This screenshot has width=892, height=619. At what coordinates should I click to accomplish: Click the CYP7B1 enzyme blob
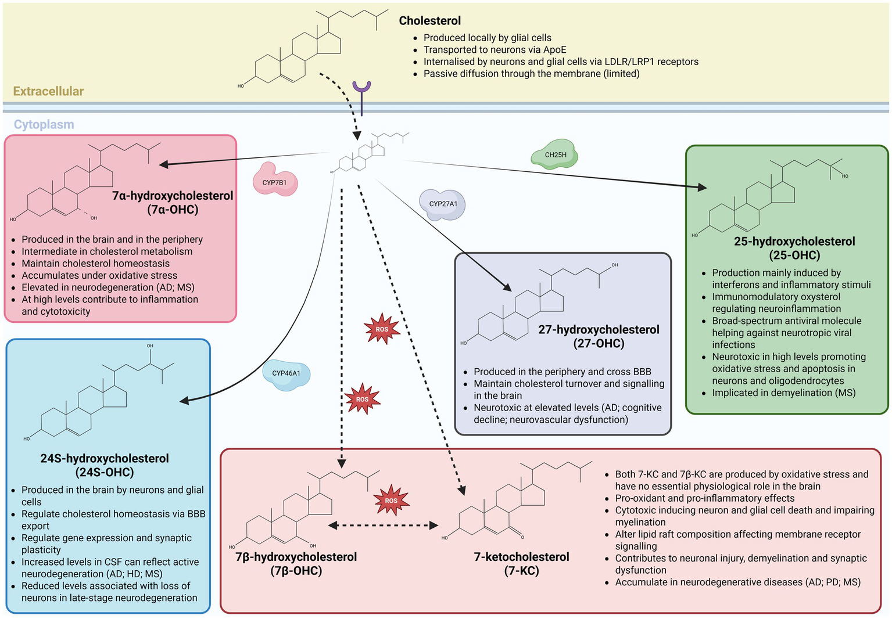pyautogui.click(x=275, y=182)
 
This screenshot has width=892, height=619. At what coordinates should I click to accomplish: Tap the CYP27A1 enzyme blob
pyautogui.click(x=443, y=204)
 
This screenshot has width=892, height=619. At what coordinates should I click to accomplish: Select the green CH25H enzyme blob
pyautogui.click(x=555, y=154)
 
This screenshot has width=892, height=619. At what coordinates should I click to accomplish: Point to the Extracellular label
pyautogui.click(x=48, y=91)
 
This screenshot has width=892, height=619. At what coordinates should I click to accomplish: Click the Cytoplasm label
pyautogui.click(x=44, y=124)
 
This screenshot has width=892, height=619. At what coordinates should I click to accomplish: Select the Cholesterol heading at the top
pyautogui.click(x=429, y=21)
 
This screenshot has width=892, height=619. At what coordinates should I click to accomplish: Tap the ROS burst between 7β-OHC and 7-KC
pyautogui.click(x=391, y=501)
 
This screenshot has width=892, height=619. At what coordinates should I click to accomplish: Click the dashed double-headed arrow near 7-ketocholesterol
pyautogui.click(x=383, y=526)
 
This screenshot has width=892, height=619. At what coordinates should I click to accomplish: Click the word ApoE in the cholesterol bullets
pyautogui.click(x=554, y=50)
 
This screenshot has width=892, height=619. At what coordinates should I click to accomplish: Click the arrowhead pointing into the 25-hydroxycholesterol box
pyautogui.click(x=702, y=187)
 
